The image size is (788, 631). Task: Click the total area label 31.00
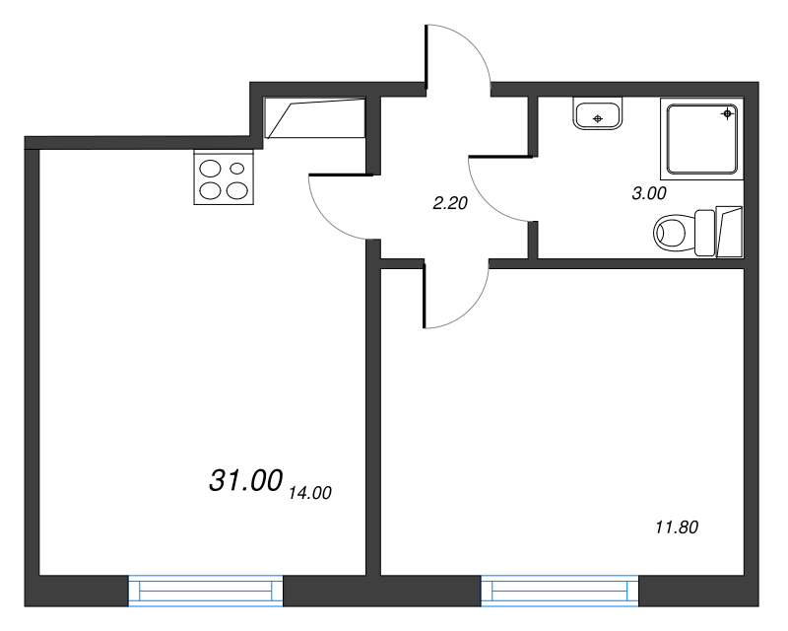tap(245, 480)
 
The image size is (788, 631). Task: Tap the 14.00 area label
tap(310, 493)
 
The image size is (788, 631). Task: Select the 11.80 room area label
tap(677, 527)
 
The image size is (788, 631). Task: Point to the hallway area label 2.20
tap(450, 203)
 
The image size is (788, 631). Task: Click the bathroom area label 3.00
tap(649, 193)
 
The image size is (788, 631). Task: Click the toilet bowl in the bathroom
tap(670, 233)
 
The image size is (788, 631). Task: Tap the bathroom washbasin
tap(598, 113)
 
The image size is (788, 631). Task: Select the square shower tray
tap(702, 139)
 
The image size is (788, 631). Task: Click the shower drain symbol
tap(727, 113)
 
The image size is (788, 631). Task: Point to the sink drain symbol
tap(598, 118)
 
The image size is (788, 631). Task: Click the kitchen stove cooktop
tap(224, 177)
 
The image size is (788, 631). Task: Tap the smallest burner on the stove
tap(237, 169)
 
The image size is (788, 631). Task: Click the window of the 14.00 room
tap(206, 591)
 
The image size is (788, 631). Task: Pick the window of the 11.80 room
tap(559, 591)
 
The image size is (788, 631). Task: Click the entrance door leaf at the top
tap(427, 60)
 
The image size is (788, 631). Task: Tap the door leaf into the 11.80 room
tap(425, 294)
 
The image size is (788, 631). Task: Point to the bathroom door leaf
tap(500, 157)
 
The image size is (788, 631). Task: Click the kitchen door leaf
tap(341, 175)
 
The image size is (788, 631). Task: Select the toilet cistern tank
tap(704, 233)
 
